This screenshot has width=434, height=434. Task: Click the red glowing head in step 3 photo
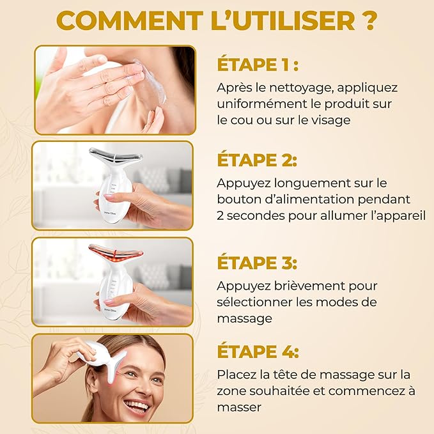pyautogui.click(x=115, y=249)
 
